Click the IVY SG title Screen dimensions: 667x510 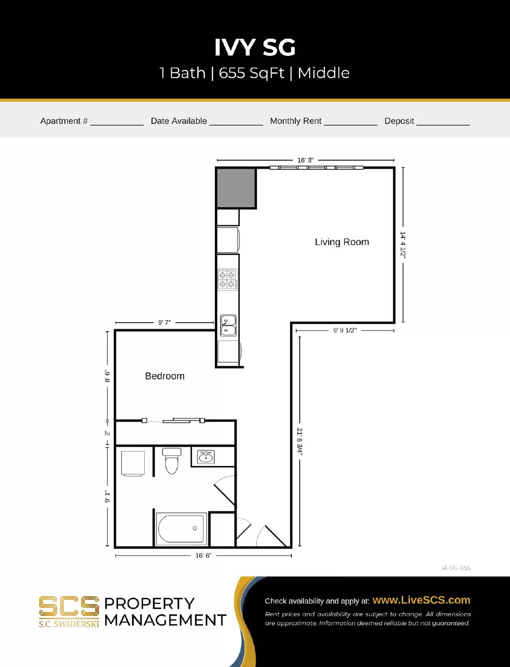(x=255, y=48)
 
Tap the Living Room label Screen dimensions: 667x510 (x=342, y=242)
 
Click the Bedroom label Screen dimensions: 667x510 (x=165, y=376)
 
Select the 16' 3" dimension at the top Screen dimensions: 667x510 (x=305, y=160)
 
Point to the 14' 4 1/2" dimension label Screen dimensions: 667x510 (x=403, y=245)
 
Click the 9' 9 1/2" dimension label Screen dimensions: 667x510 (x=345, y=331)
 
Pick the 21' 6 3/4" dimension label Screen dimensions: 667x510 (x=299, y=441)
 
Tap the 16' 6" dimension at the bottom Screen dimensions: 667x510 (x=203, y=555)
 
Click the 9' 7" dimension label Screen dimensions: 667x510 (x=164, y=323)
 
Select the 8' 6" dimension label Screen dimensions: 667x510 (x=107, y=376)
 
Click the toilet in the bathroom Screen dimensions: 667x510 (x=171, y=461)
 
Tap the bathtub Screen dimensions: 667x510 (x=181, y=529)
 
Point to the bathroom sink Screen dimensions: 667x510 (x=206, y=457)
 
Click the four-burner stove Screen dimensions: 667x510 (x=228, y=280)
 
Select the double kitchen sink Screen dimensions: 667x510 (x=228, y=326)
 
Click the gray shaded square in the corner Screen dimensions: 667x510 (x=236, y=188)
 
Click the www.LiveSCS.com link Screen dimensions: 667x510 (x=421, y=600)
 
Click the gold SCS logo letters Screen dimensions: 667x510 (x=69, y=607)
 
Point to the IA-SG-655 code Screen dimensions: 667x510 (x=456, y=568)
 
